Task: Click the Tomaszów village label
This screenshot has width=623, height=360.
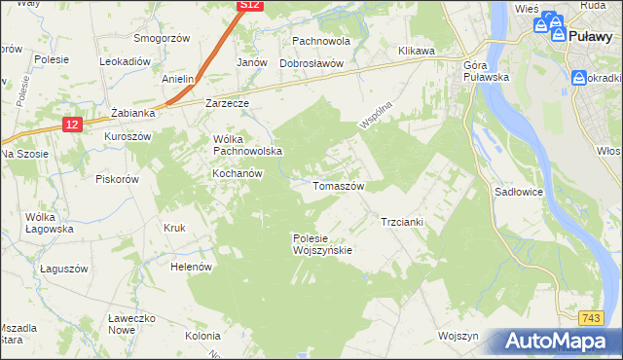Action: click(338, 186)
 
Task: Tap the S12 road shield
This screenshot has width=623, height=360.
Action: click(251, 6)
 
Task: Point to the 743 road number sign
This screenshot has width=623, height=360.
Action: click(589, 318)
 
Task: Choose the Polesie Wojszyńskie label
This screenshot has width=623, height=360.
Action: click(322, 244)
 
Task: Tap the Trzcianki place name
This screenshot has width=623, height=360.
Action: click(401, 222)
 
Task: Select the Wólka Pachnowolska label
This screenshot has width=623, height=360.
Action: click(247, 145)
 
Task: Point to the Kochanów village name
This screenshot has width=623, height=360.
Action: click(238, 173)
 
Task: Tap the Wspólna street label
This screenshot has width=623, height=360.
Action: click(374, 112)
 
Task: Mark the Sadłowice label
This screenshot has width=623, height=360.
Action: click(519, 193)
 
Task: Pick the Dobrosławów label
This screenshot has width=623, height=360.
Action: click(311, 63)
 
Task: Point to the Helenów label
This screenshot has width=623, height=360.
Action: click(191, 267)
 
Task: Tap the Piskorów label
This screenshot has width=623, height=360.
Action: click(118, 179)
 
